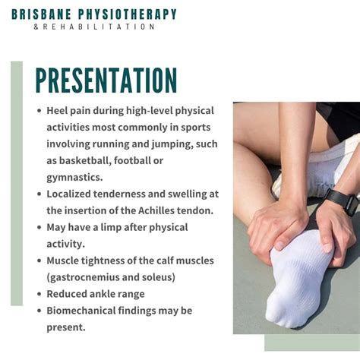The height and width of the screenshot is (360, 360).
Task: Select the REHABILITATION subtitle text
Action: coord(99,27)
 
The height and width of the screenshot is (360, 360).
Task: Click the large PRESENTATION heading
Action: coord(106,80)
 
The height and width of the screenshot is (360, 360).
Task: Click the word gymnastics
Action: coord(74,177)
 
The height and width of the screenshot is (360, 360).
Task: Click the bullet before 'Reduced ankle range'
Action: coord(39,294)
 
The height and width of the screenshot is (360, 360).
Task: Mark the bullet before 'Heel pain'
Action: coord(39,110)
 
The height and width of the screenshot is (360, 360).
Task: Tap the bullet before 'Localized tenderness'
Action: coord(39,194)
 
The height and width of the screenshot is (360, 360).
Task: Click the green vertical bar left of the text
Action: coord(16,182)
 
